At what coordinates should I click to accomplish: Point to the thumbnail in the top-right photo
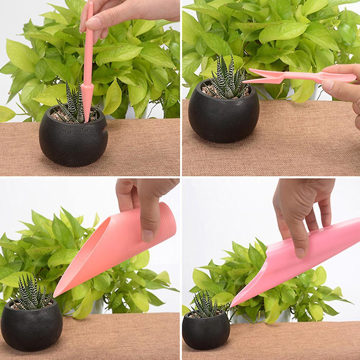(x=327, y=85)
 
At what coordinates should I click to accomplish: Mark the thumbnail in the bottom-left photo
(x=147, y=235)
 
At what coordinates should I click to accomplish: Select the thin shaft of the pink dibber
(x=89, y=47)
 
